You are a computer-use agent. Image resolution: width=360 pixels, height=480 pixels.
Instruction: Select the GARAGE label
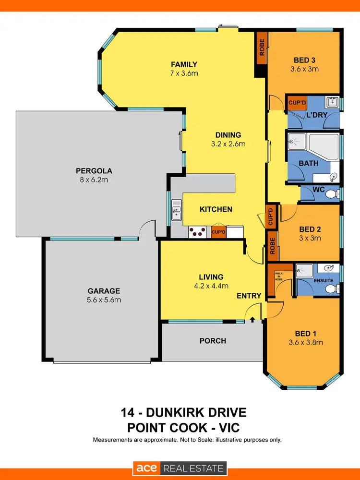(103, 291)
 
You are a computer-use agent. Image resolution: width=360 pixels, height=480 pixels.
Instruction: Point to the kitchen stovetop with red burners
(197, 232)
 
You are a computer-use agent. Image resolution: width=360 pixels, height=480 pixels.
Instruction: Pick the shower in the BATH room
(297, 142)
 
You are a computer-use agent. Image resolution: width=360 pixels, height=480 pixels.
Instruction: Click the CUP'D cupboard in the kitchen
(218, 232)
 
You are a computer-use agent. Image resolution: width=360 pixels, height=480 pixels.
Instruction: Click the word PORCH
(213, 341)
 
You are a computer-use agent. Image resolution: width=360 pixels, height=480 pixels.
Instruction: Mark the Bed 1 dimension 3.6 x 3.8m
(306, 342)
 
